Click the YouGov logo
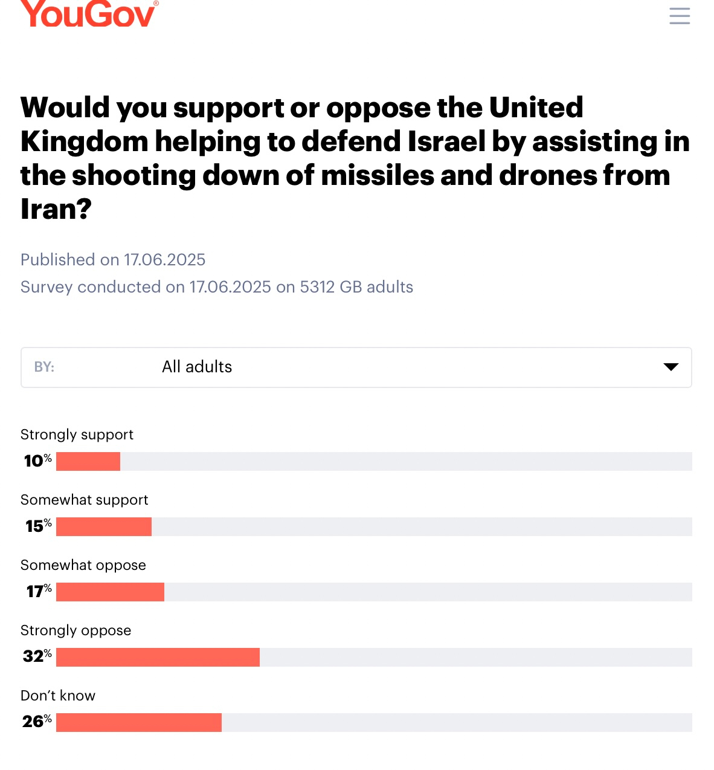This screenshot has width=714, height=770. coord(89,13)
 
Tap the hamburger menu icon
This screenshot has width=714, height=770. coord(680,16)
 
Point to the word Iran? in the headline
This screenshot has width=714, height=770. coord(56,209)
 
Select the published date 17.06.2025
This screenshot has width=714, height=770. coord(165,260)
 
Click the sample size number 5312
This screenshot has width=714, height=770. coord(317,287)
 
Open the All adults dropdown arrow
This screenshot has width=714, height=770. coord(671,367)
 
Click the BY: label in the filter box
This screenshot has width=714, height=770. coord(44,367)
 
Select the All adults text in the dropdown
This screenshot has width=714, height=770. coord(197,367)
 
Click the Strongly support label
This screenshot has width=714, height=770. coord(77,435)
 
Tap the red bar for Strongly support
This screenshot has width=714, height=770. coord(88,461)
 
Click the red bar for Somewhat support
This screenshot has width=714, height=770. coord(104,526)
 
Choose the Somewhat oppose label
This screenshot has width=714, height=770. coord(83,565)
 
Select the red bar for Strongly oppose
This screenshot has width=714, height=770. coord(158,657)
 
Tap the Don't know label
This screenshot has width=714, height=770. coord(58,696)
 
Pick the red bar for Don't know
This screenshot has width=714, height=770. coord(139,722)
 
